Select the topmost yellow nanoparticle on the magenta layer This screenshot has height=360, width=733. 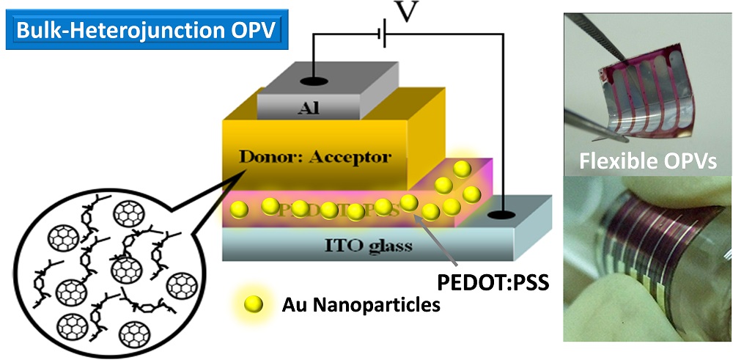(462, 169)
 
